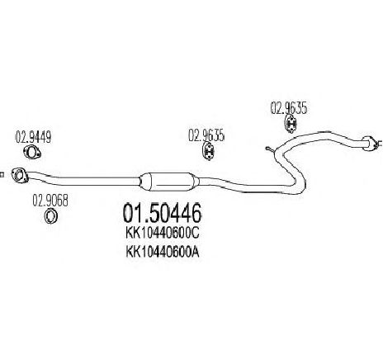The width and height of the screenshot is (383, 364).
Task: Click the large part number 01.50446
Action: (162, 213)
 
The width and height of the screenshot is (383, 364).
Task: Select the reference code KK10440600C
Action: (162, 234)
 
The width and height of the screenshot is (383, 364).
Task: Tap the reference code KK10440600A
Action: (162, 252)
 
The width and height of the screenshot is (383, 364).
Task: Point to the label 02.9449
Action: (33, 137)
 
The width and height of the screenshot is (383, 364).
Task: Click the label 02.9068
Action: (50, 201)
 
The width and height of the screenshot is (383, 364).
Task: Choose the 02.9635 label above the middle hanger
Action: (206, 135)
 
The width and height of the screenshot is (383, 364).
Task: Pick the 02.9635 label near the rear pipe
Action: (289, 108)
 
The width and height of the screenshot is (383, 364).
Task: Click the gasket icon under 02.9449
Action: (31, 153)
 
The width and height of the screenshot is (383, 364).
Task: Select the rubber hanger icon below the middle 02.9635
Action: (209, 151)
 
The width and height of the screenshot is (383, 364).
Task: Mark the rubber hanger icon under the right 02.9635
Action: (290, 124)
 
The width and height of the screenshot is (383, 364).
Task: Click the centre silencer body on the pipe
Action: (168, 182)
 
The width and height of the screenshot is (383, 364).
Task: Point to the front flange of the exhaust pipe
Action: (20, 175)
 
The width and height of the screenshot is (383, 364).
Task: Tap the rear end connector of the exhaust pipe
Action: (368, 143)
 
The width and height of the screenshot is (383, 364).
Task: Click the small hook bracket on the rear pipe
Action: (270, 149)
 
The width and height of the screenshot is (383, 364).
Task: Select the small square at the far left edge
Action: (2, 174)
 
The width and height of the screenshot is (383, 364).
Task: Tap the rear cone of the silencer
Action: (195, 181)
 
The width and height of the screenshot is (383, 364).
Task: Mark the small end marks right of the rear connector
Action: (379, 144)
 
